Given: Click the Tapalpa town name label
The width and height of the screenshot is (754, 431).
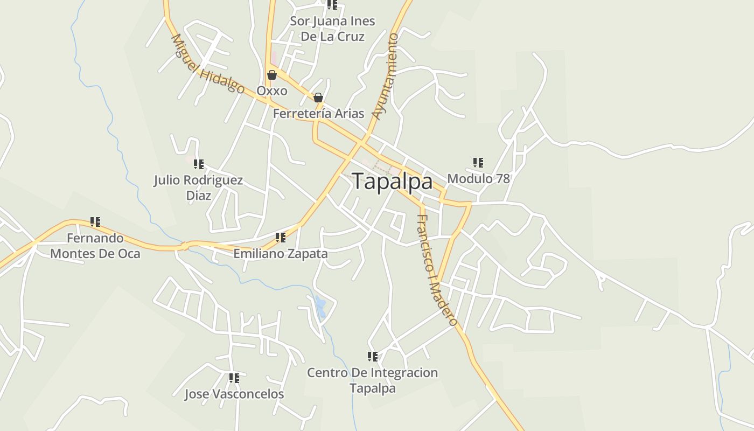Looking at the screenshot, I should click(x=393, y=182).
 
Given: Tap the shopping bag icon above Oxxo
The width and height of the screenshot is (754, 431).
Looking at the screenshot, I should click(x=272, y=75).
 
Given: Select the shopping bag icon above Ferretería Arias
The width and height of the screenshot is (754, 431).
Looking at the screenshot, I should click(x=318, y=98).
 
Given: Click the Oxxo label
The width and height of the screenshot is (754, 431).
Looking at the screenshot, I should click(x=272, y=91).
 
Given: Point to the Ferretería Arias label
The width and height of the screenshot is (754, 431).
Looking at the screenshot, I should click(x=318, y=114).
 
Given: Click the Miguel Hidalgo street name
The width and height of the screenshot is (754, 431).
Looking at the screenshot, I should click(x=207, y=64).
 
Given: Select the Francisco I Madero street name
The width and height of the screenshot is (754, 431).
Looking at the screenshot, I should click(x=437, y=270).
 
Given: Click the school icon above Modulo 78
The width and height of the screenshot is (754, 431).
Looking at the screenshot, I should click(x=478, y=162).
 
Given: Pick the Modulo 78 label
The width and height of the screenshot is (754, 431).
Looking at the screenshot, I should click(x=478, y=178).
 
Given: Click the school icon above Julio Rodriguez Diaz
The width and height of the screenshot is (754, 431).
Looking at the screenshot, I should click(x=199, y=164).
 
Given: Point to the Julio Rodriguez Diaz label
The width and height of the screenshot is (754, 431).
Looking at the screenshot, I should click(x=198, y=187).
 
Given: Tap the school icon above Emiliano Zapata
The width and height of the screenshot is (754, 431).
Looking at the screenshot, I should click(x=281, y=237).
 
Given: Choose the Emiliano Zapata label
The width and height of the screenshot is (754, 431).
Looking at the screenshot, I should click(x=280, y=253).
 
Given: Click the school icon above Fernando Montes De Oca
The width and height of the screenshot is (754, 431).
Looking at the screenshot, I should click(x=95, y=221).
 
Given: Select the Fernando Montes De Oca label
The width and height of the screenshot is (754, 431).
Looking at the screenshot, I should click(x=95, y=246).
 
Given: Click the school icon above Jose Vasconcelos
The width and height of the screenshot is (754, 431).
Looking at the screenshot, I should click(x=234, y=378).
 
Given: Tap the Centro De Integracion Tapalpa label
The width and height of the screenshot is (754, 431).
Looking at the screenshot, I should click(x=372, y=380).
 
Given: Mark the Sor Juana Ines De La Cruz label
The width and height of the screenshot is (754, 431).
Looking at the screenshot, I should click(x=332, y=29).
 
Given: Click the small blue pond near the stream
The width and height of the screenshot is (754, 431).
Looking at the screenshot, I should click(x=320, y=307).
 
